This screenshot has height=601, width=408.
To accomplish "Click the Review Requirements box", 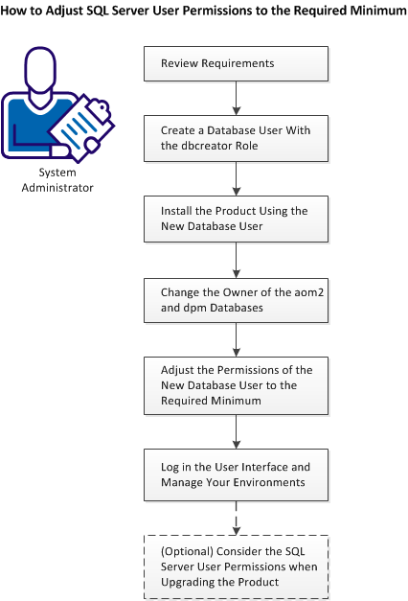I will point(236,64).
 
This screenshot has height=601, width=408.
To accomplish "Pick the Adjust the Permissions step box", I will point(236,384).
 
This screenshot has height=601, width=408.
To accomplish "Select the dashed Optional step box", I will point(236,566).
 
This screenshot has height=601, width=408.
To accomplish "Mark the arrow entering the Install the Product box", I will point(236,177).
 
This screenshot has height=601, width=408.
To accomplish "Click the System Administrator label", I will point(65,180).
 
